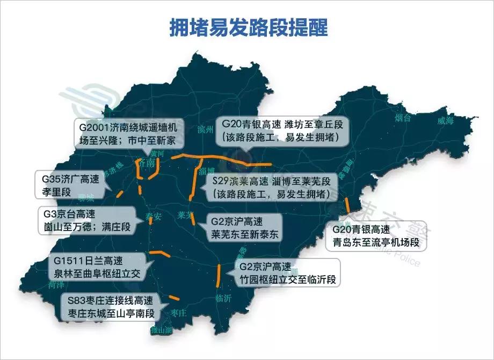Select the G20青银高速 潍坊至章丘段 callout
pyautogui.click(x=282, y=131)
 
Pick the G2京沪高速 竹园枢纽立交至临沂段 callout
pyautogui.click(x=287, y=273)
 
